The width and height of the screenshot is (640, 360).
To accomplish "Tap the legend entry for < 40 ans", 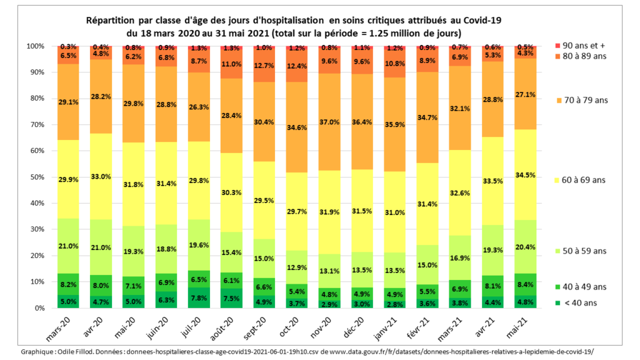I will pyautogui.click(x=578, y=303).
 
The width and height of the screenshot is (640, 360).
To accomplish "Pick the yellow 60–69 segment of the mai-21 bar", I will pyautogui.click(x=524, y=174).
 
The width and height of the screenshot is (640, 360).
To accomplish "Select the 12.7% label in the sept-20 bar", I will pyautogui.click(x=265, y=66).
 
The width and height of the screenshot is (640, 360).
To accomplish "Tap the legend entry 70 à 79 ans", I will pyautogui.click(x=581, y=100).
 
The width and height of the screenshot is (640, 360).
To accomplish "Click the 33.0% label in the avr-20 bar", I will pyautogui.click(x=102, y=176).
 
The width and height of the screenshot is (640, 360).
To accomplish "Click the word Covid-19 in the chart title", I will pyautogui.click(x=482, y=20).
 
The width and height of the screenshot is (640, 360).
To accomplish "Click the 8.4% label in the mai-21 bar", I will pyautogui.click(x=524, y=284).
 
